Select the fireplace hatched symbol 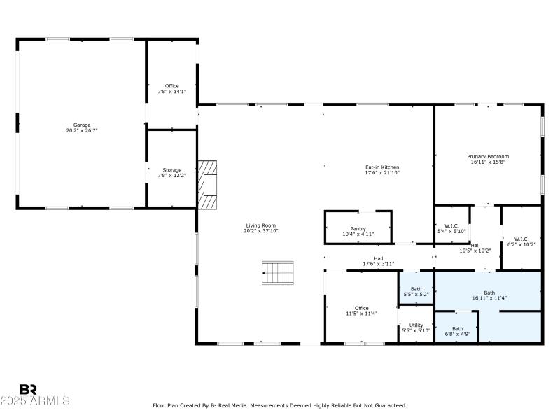[207, 185]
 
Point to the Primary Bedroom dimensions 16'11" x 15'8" [488, 162]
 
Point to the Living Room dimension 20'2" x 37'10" [261, 230]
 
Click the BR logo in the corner [28, 389]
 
